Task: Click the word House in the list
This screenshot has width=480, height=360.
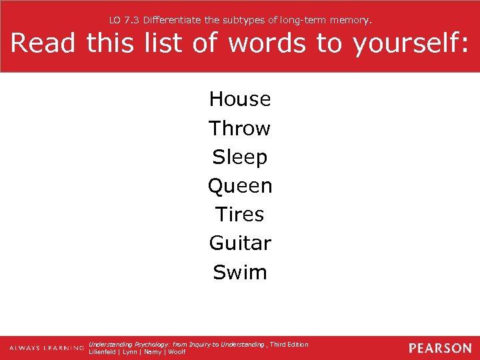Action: tap(240, 99)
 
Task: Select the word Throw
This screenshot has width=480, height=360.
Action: tap(239, 128)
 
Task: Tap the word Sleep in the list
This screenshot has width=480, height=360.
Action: tap(240, 157)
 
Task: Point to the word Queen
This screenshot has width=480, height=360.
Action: tap(240, 186)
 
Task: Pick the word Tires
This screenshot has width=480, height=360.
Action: tap(240, 215)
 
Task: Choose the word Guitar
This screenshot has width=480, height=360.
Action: tap(240, 243)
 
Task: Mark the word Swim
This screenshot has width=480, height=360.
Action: tap(240, 272)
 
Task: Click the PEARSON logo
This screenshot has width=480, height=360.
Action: tap(439, 348)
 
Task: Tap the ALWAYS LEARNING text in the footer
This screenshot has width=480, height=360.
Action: tap(46, 349)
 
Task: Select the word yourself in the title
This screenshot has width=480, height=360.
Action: tap(409, 44)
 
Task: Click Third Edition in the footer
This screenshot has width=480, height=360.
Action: tap(289, 344)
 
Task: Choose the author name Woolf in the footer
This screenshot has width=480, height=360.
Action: tap(177, 352)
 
